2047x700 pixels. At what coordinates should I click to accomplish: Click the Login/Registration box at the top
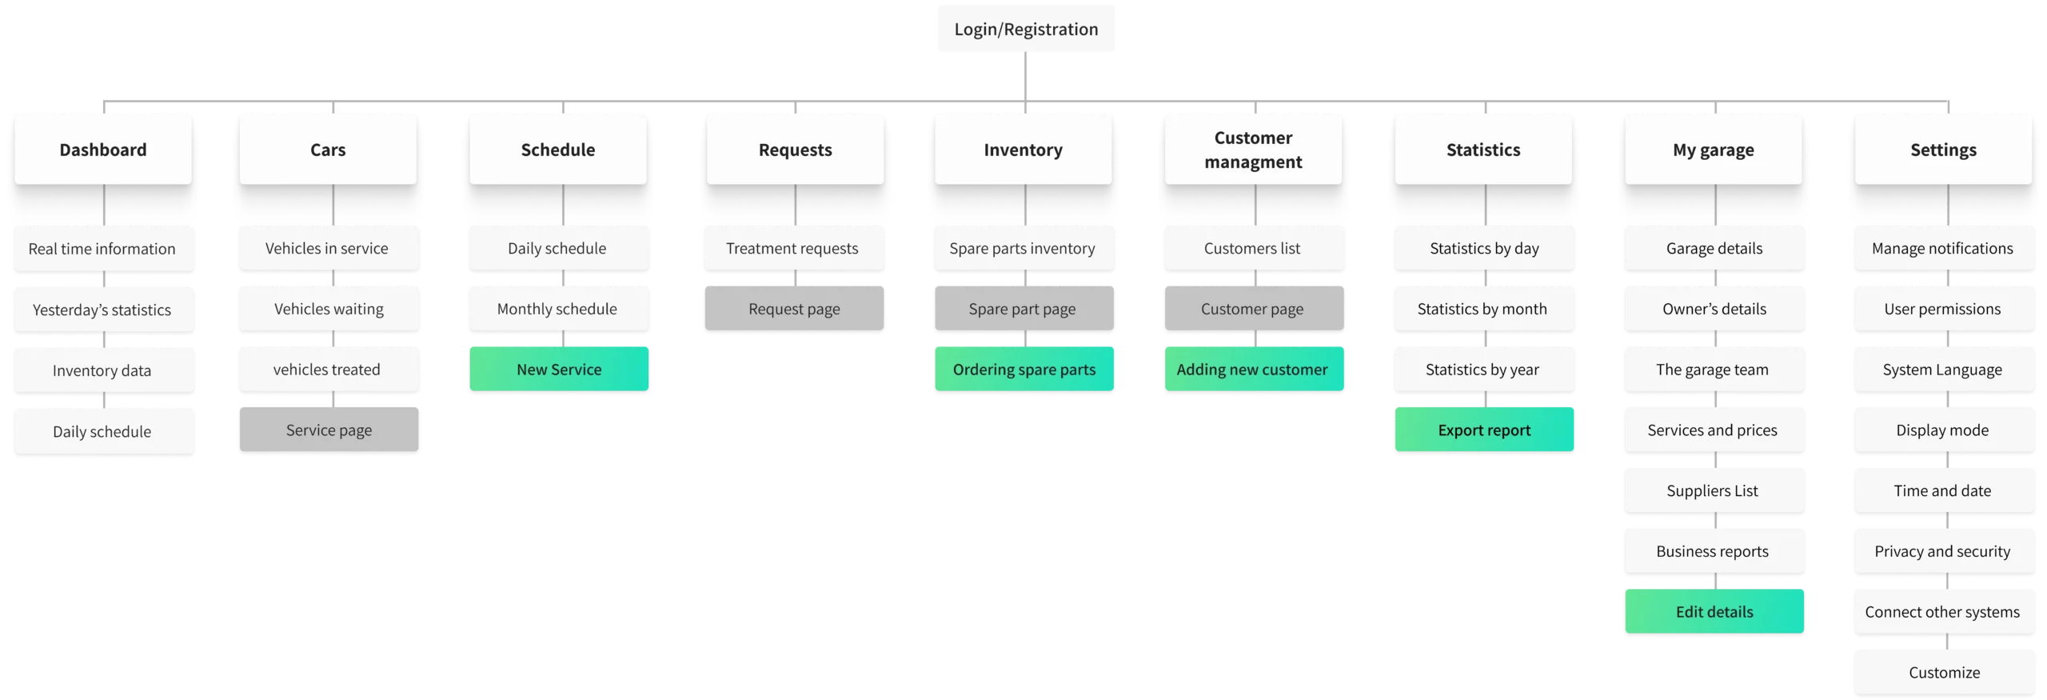(1026, 30)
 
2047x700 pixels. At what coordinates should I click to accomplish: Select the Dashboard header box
(103, 150)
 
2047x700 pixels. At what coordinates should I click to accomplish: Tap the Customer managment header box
(1253, 150)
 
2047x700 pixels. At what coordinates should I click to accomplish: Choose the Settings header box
(1943, 150)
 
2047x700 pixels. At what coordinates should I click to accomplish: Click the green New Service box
(559, 370)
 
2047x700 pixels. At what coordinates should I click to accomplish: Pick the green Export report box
(1484, 430)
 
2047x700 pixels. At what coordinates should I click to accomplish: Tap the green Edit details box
(1714, 612)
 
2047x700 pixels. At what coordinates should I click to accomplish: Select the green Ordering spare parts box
(1023, 370)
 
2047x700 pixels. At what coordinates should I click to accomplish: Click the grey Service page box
(329, 430)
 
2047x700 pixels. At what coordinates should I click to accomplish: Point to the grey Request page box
(794, 309)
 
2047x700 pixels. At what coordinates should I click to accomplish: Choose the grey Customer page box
(1252, 309)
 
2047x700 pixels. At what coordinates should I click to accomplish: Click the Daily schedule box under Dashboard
(103, 432)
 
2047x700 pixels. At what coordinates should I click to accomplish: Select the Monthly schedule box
(557, 309)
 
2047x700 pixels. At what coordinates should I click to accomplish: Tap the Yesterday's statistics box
(103, 310)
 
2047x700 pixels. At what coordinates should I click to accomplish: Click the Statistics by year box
(1483, 370)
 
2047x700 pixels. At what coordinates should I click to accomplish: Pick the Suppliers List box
(1714, 491)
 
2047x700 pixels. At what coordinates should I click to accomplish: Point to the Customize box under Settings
(1944, 673)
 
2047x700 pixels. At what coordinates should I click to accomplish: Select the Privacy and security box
(1943, 551)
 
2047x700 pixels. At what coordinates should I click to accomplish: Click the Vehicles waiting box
(329, 309)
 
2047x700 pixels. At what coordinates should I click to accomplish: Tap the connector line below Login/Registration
(1026, 78)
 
